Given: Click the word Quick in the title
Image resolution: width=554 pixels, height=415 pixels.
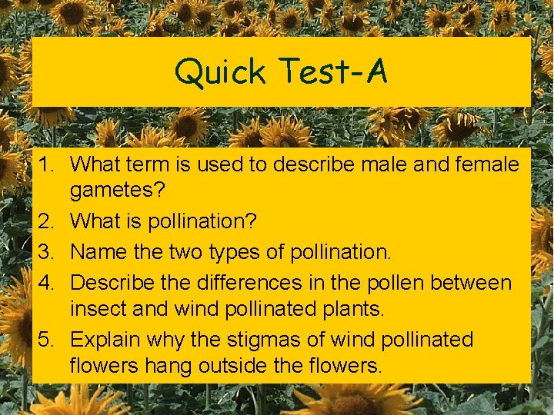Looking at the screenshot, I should click(x=219, y=72).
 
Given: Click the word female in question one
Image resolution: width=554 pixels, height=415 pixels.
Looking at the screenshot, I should click(x=478, y=164).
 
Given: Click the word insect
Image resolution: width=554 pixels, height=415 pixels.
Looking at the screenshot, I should click(x=97, y=310).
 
